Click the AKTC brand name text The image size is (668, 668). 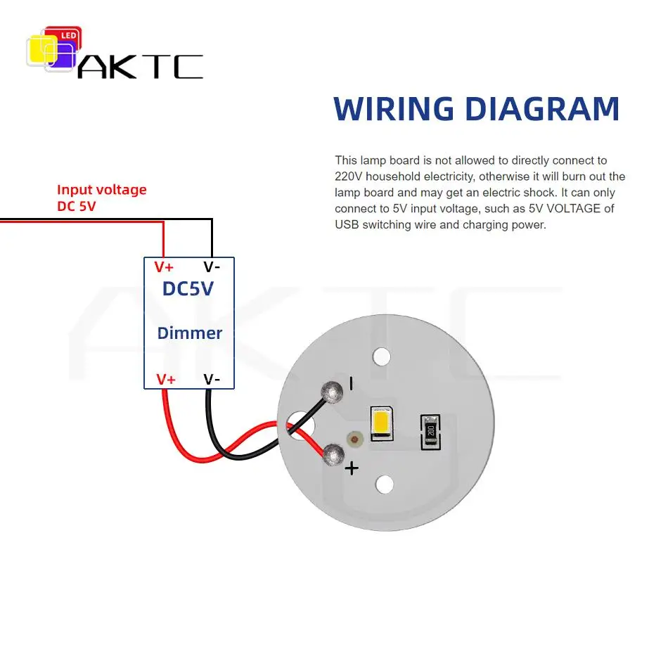click(x=140, y=67)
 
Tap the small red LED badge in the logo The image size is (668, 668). click(x=68, y=35)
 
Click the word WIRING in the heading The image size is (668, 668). click(x=394, y=108)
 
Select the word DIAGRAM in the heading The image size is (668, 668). click(x=542, y=108)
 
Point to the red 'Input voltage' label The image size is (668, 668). click(x=101, y=190)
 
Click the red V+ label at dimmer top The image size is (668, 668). click(x=164, y=267)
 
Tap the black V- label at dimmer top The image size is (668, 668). click(x=212, y=267)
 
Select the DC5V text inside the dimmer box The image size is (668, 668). click(x=188, y=288)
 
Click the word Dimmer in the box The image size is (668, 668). click(x=190, y=333)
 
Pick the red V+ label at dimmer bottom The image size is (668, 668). click(x=166, y=379)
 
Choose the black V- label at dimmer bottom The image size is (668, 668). click(x=212, y=379)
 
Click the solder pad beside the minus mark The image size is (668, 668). click(x=332, y=392)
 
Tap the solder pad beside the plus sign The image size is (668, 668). click(x=333, y=454)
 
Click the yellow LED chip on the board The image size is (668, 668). click(x=381, y=423)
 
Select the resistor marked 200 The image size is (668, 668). click(x=430, y=432)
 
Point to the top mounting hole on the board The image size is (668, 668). click(x=381, y=357)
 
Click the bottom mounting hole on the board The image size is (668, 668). click(x=384, y=484)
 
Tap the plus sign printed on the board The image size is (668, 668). click(x=352, y=468)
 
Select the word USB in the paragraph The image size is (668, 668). click(x=347, y=224)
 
